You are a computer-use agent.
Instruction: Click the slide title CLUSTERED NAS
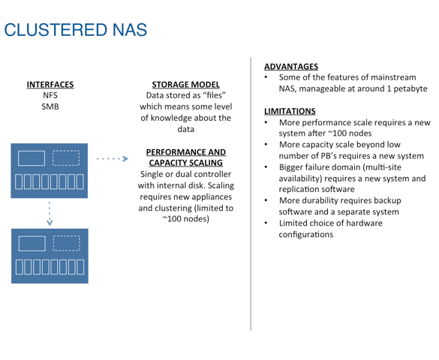point(76,30)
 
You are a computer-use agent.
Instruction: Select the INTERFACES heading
point(50,85)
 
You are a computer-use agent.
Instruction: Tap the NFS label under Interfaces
point(50,95)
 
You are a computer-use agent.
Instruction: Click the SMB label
point(50,106)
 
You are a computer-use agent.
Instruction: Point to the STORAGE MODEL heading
point(186,85)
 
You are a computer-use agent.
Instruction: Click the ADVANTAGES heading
point(291,67)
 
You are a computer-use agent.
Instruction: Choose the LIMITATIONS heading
point(290,111)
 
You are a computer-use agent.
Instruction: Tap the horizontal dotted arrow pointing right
point(113,159)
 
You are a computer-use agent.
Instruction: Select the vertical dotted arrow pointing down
point(50,214)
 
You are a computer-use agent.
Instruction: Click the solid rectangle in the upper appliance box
point(32,158)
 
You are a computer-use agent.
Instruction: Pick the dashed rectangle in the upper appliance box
point(66,158)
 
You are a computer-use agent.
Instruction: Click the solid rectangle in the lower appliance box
point(32,243)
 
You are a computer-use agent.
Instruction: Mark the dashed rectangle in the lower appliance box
point(67,243)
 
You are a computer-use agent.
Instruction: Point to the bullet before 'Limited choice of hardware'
point(266,223)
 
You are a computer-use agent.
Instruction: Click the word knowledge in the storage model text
point(171,118)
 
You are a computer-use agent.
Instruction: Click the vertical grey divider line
point(251,194)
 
